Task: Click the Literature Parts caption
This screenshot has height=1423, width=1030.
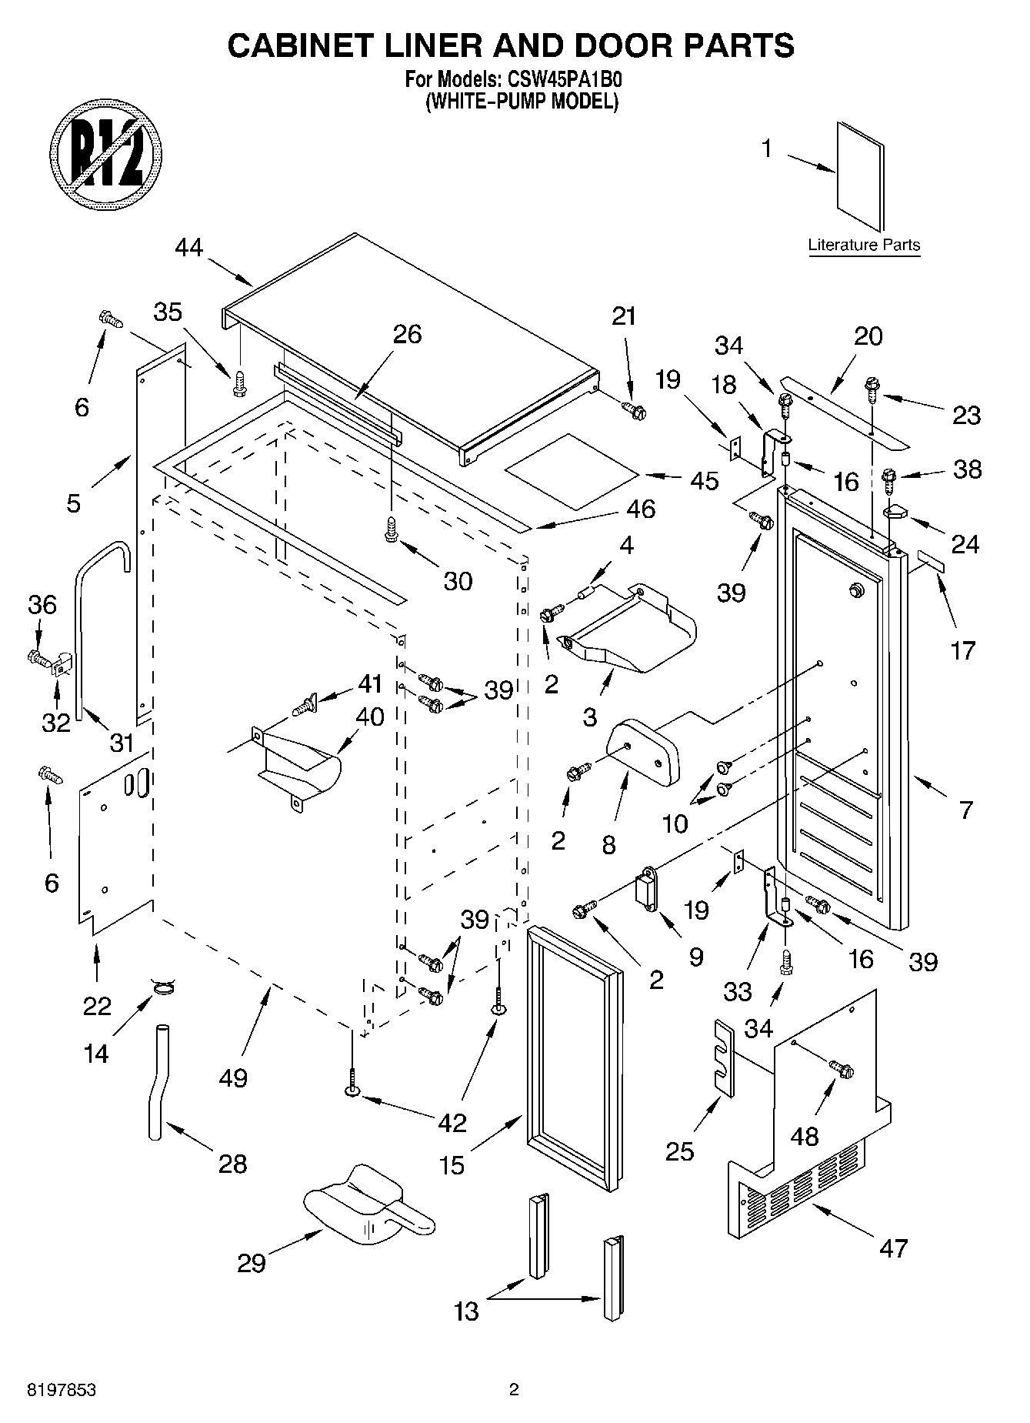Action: [863, 246]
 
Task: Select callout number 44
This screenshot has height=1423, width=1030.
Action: [189, 248]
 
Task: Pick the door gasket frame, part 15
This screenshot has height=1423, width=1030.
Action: [574, 1058]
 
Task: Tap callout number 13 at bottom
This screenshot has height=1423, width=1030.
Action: [466, 1311]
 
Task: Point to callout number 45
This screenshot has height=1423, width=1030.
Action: [704, 481]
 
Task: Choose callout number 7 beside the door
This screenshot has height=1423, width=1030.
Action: [966, 810]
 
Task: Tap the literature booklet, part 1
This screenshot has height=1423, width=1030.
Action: [859, 175]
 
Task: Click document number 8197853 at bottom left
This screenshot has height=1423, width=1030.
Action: [62, 1390]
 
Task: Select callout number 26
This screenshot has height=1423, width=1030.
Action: [407, 334]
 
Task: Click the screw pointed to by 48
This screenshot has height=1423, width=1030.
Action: [841, 1069]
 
